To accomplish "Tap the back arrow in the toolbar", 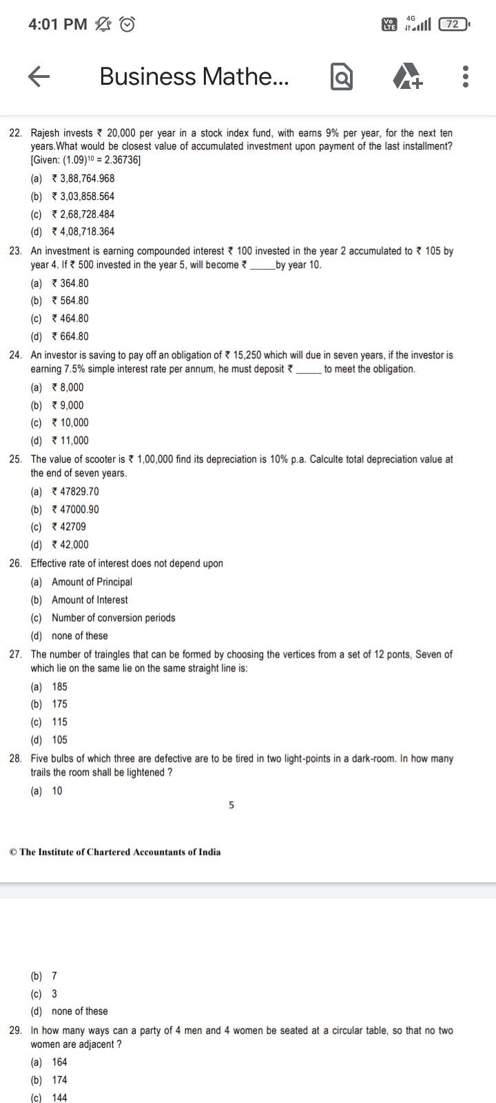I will [x=40, y=77].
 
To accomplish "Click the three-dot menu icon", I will [x=466, y=77].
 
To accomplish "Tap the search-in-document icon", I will [x=342, y=77].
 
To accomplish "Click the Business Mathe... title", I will [x=194, y=77].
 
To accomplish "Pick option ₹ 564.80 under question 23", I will [x=70, y=301].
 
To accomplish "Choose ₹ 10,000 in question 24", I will [x=70, y=423].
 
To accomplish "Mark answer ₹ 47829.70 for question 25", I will [x=75, y=492].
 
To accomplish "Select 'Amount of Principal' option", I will [x=92, y=582].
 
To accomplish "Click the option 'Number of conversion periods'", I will [x=114, y=618].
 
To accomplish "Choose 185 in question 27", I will [x=60, y=687].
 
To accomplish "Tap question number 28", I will [x=15, y=759].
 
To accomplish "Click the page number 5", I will [x=231, y=805].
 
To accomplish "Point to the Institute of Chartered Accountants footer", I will [x=116, y=852].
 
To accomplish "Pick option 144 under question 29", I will [x=60, y=1097].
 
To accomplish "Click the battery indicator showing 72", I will [x=453, y=25].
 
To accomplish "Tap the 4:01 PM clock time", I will [x=58, y=25].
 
